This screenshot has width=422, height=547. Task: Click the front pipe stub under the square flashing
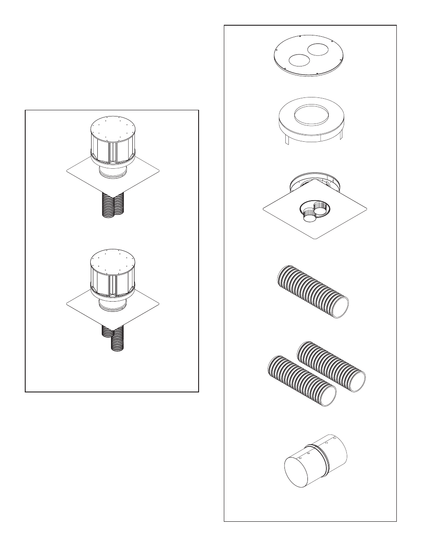(310, 216)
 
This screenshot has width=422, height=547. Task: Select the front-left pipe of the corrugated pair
(299, 381)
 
